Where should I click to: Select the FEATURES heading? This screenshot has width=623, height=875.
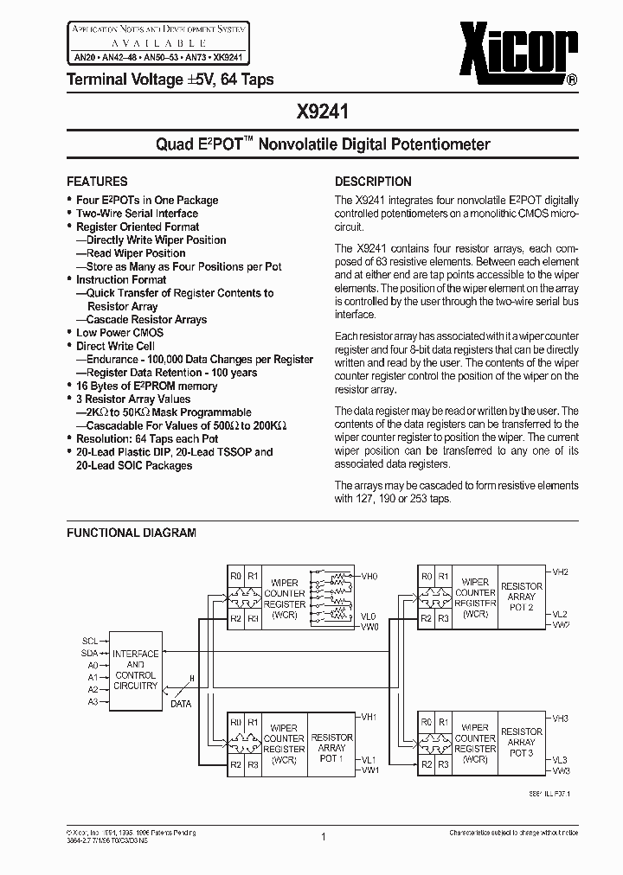[x=97, y=182]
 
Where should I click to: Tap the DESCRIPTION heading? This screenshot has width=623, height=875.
[x=373, y=182]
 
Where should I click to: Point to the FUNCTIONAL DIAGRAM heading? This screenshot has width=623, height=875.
[x=132, y=533]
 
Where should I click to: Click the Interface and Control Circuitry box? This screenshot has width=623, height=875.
[x=135, y=669]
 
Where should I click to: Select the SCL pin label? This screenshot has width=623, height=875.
[x=91, y=641]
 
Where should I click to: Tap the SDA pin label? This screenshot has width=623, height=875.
[x=91, y=654]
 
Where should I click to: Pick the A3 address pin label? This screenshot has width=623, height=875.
[x=93, y=703]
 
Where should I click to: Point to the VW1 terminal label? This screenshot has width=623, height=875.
[x=369, y=769]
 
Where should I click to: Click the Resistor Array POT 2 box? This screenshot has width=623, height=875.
[x=522, y=597]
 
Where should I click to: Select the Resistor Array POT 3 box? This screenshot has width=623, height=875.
[x=522, y=742]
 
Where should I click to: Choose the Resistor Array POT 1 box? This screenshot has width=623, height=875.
[x=331, y=742]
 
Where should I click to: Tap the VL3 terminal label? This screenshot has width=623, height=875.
[x=560, y=758]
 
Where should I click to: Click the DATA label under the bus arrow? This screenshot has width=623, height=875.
[x=180, y=704]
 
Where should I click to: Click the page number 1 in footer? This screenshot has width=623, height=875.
[x=322, y=836]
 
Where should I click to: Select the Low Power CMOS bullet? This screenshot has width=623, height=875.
[x=119, y=333]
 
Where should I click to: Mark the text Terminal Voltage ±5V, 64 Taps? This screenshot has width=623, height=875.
[x=170, y=80]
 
